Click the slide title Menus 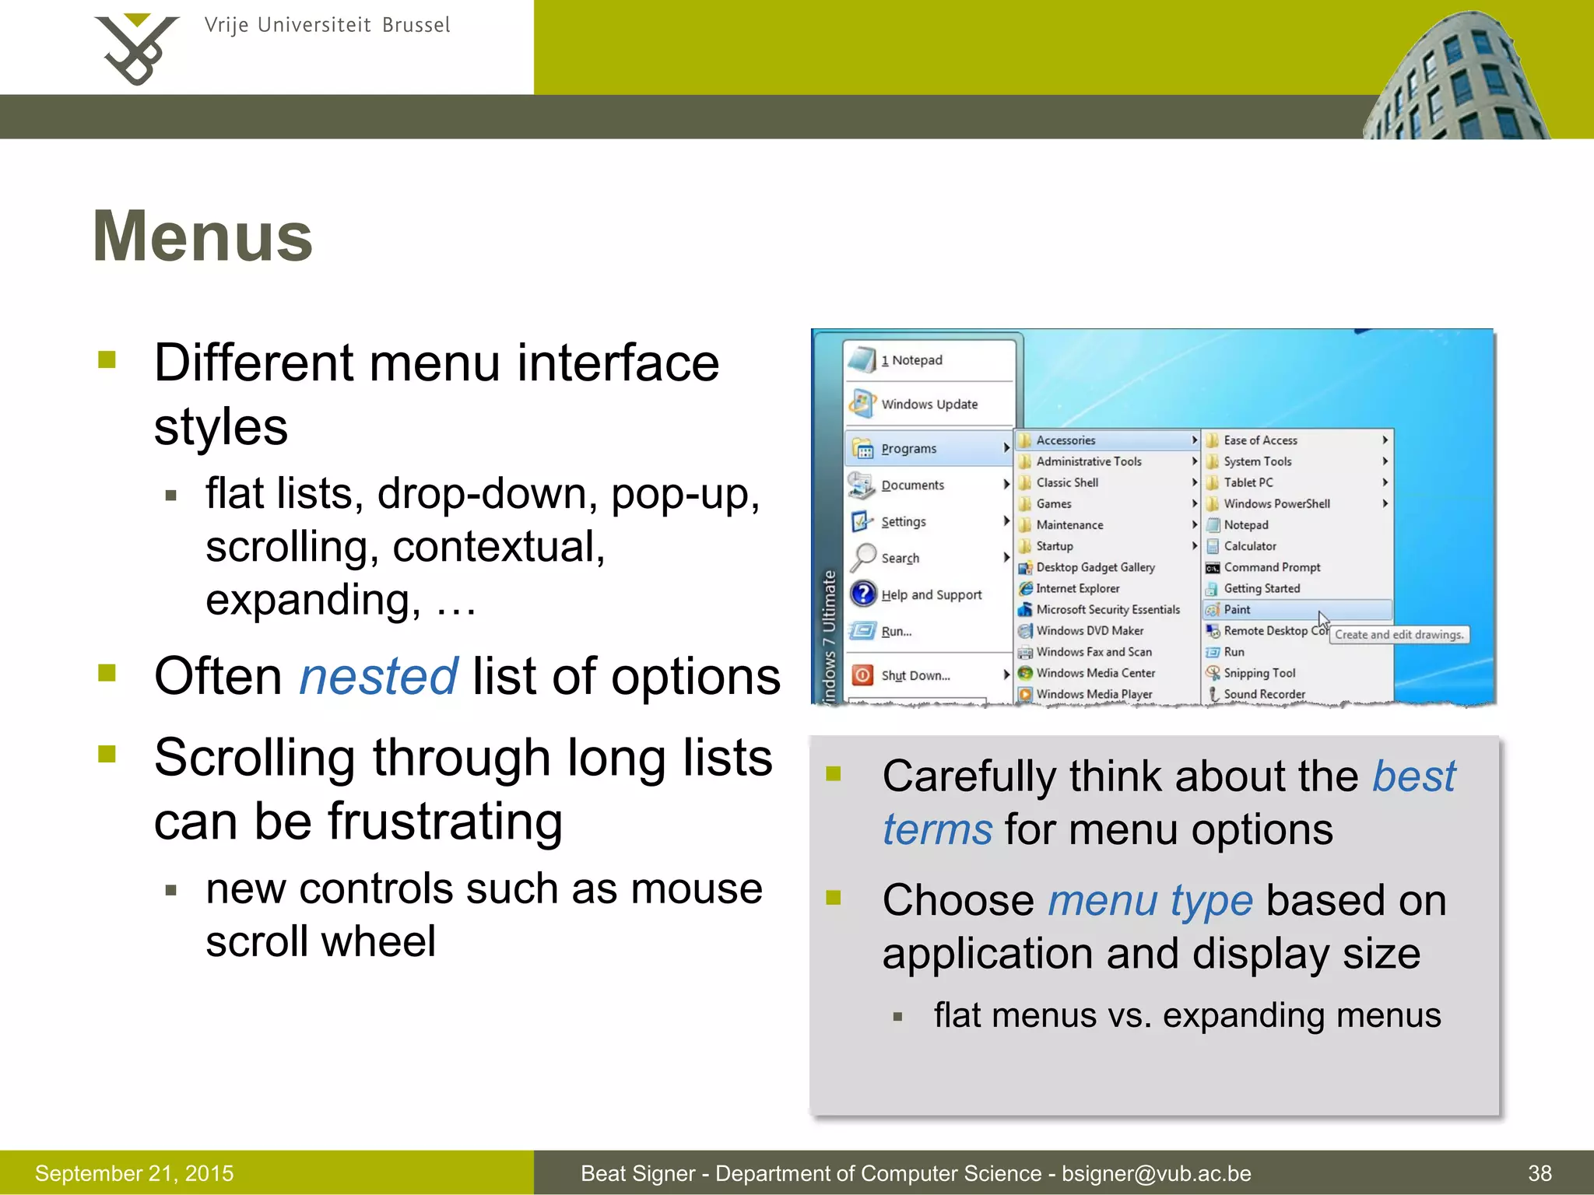202,237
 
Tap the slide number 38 1540,1173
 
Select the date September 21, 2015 134,1173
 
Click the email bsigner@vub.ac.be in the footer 1157,1173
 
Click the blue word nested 378,676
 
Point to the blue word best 1413,776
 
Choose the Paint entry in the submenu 1237,610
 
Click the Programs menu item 908,449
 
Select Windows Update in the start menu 929,405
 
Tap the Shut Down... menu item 915,675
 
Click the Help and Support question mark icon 863,594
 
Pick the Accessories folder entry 1066,440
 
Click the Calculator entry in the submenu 1249,546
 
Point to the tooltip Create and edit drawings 1399,635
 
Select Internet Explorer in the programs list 1077,589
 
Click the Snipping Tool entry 1259,673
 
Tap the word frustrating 445,822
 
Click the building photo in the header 1455,78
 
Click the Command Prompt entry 1272,568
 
